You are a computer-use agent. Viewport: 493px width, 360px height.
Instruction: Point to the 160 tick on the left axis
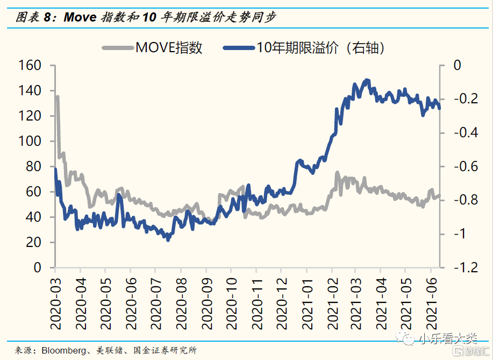coord(30,66)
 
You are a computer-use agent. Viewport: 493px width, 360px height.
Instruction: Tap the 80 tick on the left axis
coord(34,167)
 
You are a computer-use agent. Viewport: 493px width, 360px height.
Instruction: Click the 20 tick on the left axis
coord(34,243)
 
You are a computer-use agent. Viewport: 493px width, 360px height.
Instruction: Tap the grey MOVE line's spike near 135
coord(57,97)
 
